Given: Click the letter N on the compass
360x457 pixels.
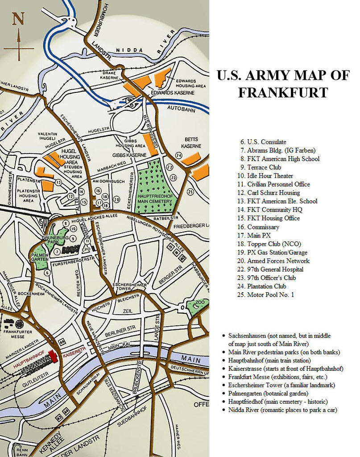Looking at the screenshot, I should pos(18,19).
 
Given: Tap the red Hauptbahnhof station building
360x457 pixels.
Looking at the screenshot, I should pos(53,356).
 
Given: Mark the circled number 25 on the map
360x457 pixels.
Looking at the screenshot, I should pos(190,192).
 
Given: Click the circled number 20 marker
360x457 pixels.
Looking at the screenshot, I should pos(116,199).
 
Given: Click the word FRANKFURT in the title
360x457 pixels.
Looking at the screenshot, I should pos(283,92).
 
